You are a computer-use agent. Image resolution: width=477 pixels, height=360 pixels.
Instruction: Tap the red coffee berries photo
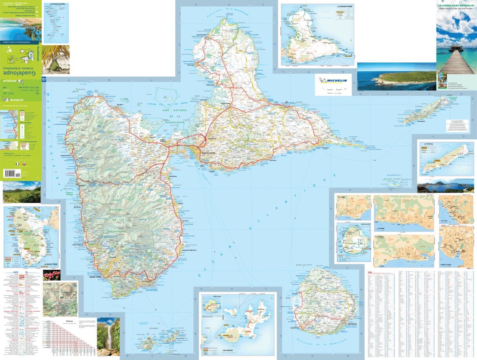51,275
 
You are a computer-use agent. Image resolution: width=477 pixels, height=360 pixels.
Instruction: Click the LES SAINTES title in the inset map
229,350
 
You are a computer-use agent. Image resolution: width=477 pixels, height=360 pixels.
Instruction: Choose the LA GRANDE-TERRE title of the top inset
344,7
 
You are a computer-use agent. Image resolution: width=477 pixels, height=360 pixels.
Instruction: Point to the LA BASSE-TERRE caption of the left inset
51,265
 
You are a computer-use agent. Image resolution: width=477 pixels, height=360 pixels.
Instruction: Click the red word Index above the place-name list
370,272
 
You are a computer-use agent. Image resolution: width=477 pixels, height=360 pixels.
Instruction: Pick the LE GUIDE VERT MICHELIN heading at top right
456,5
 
